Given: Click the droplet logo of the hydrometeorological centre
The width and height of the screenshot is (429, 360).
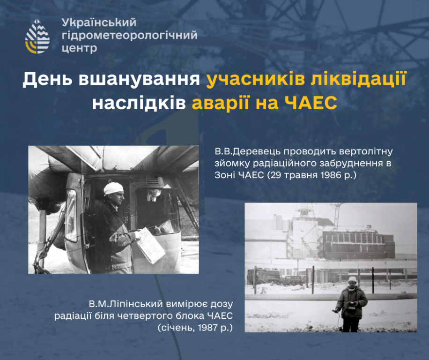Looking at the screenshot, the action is pos(37,36).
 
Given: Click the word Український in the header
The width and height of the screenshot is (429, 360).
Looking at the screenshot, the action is pos(99,22).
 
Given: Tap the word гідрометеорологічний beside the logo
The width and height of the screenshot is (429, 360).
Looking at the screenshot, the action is pos(129,36).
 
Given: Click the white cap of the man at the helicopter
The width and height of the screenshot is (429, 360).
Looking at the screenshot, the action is pos(113,188).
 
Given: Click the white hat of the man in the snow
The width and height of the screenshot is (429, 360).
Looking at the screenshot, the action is pos(352,279).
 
